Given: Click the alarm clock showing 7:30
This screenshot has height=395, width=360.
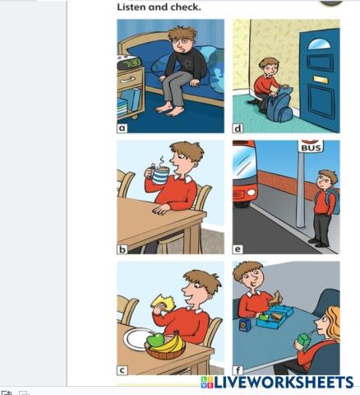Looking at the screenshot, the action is (129, 63).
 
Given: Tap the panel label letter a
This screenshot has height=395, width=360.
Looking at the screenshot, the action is (122, 128).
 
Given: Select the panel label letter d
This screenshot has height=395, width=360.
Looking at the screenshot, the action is (238, 128).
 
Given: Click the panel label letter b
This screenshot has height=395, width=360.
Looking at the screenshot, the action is (122, 249).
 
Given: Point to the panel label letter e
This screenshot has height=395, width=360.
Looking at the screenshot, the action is (238, 249).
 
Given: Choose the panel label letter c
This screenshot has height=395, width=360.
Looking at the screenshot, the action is (122, 370).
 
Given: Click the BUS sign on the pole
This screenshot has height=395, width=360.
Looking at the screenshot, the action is (311, 146).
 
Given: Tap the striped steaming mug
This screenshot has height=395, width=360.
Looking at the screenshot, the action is (159, 174).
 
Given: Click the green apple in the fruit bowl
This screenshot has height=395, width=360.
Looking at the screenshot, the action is (155, 340).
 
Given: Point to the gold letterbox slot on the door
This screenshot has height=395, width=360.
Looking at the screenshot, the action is (321, 80).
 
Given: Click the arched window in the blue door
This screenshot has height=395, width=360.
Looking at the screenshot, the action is (319, 44).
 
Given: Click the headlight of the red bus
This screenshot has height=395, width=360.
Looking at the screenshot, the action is (251, 192).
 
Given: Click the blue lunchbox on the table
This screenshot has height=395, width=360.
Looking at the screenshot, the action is (275, 316).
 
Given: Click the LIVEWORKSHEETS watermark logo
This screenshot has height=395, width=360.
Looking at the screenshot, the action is (277, 382).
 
